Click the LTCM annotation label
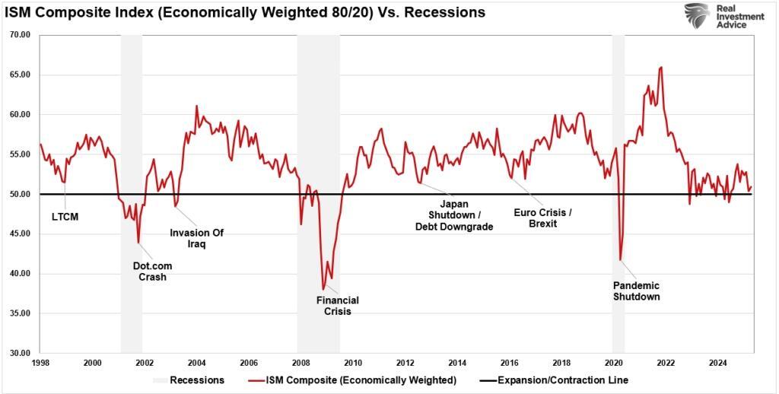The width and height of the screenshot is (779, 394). [x=65, y=217]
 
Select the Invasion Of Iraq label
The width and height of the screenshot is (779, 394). [x=196, y=239]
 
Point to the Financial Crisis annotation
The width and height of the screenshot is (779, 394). [x=337, y=306]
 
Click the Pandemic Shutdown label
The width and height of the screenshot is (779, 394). [x=636, y=291]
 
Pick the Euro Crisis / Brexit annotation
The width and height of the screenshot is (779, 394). [x=542, y=218]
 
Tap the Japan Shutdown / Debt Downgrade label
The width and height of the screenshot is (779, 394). [x=453, y=215]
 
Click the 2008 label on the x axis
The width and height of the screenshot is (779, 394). [x=300, y=364]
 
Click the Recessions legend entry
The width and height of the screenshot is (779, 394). [x=196, y=380]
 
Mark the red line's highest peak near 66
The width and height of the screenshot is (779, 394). [x=661, y=67]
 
